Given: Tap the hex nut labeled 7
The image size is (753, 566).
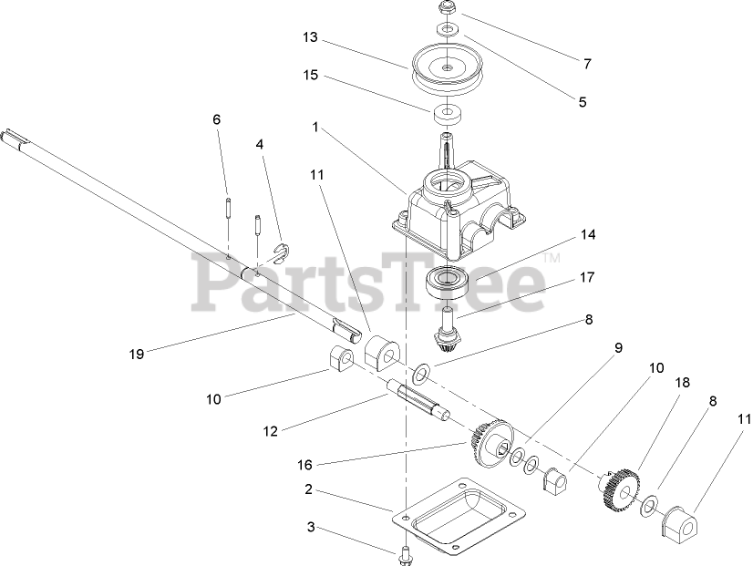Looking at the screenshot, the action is point(448,10).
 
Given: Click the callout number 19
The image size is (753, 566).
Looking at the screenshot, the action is point(137,355).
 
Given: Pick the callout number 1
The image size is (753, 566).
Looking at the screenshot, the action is point(315,129).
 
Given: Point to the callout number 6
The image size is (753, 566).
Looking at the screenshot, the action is point(217,119).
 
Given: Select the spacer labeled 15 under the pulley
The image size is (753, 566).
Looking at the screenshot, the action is point(447,117).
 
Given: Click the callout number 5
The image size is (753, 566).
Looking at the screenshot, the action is point(583,103).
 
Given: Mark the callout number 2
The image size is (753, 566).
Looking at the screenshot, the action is point(308,489).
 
